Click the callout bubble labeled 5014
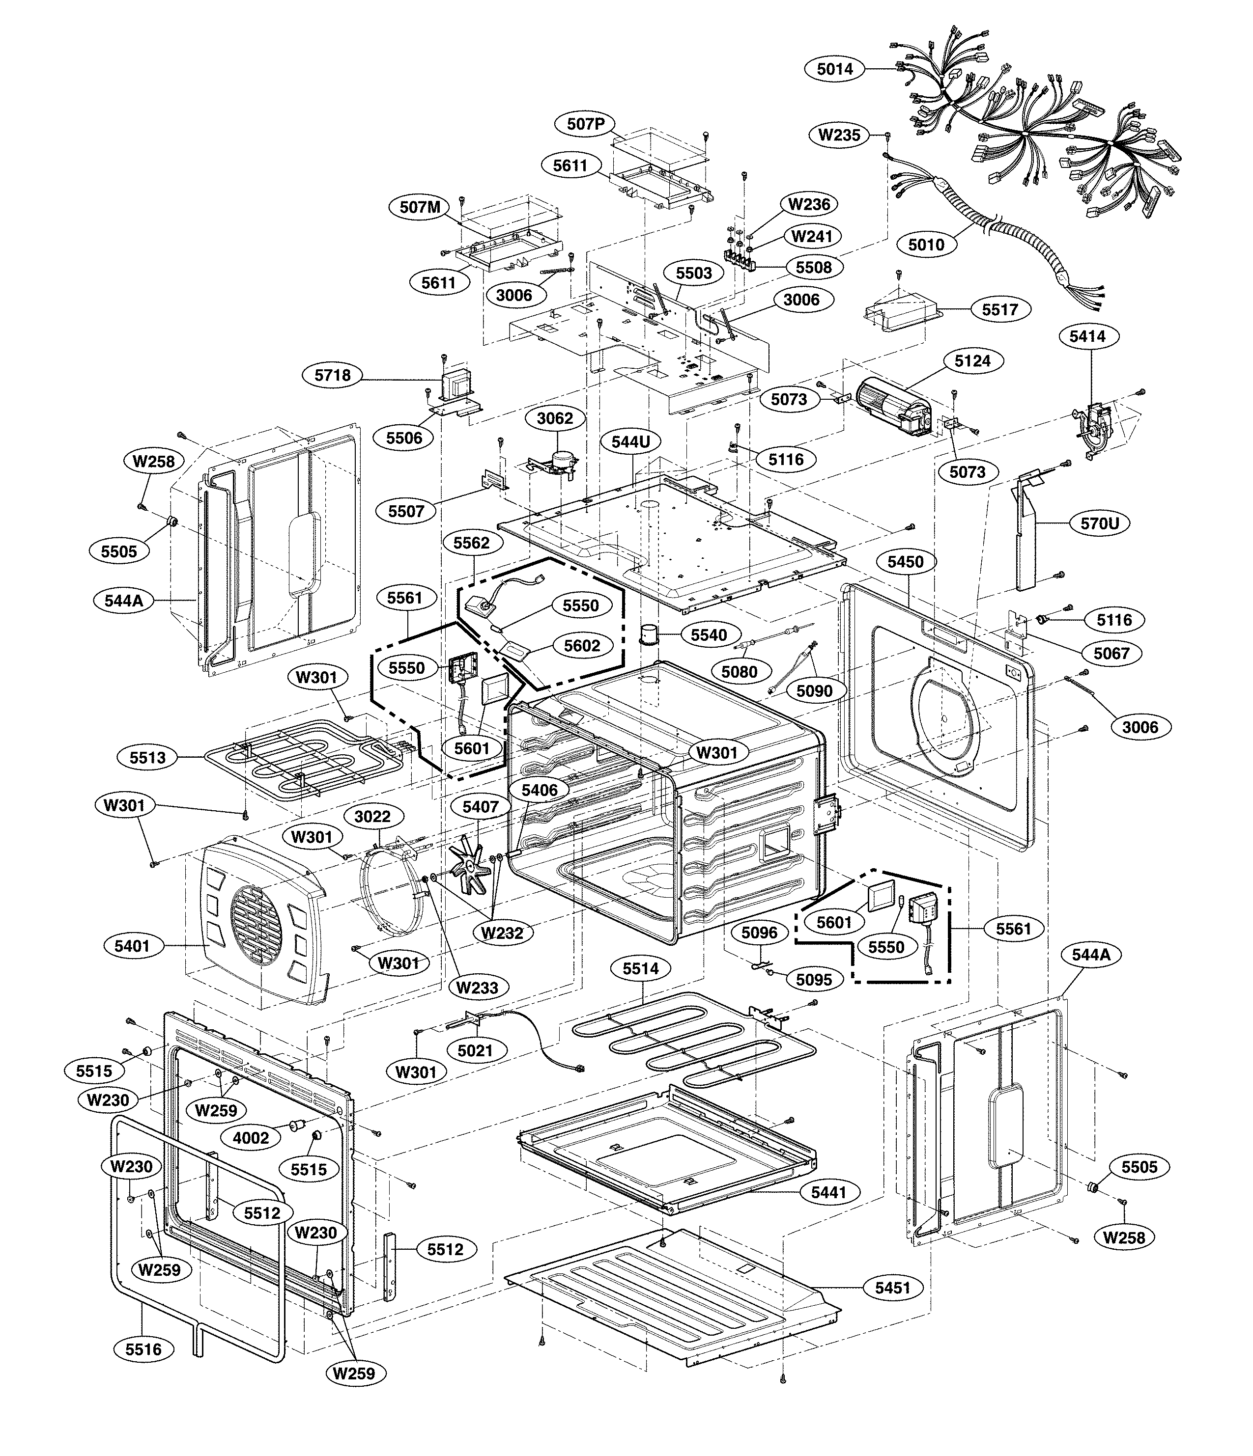(835, 69)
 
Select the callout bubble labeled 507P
(586, 124)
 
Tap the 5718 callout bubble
(333, 375)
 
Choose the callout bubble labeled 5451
(892, 1288)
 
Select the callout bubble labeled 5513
(148, 758)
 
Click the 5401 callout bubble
(133, 946)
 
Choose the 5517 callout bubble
(1000, 309)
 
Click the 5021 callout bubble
(475, 1050)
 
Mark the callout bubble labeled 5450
(906, 561)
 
